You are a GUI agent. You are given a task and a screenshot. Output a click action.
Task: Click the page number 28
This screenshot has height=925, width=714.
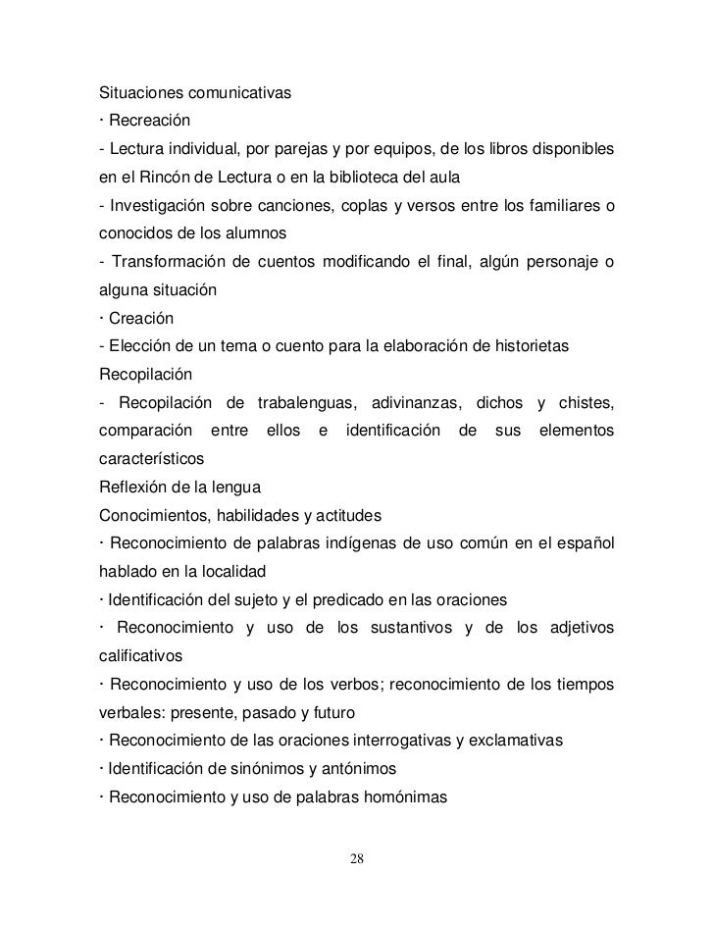click(357, 859)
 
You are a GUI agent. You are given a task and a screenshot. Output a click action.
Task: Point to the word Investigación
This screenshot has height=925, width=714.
click(159, 207)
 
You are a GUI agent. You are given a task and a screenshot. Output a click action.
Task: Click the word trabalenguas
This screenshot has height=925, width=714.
click(299, 402)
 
